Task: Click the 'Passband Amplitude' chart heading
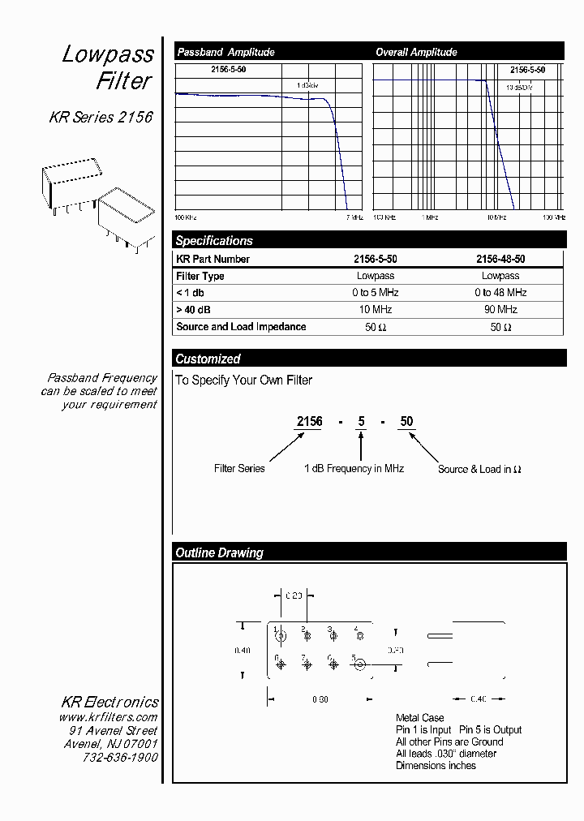[225, 52]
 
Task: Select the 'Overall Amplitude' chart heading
[416, 52]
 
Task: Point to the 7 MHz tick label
[354, 217]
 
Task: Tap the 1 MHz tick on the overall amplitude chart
[429, 217]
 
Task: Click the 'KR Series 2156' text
[101, 118]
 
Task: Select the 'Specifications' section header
[214, 241]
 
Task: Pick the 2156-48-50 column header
[500, 260]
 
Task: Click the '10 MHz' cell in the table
[376, 310]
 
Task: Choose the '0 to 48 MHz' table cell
[500, 293]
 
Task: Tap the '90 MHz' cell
[500, 310]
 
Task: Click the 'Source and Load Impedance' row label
[241, 327]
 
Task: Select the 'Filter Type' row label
[200, 277]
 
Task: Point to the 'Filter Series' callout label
[239, 469]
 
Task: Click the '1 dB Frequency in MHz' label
[354, 469]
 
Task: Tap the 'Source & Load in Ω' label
[479, 470]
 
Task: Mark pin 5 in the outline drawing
[359, 664]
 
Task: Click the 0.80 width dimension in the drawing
[319, 699]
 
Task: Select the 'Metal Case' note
[420, 718]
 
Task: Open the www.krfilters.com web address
[108, 718]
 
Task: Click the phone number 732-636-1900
[120, 757]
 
